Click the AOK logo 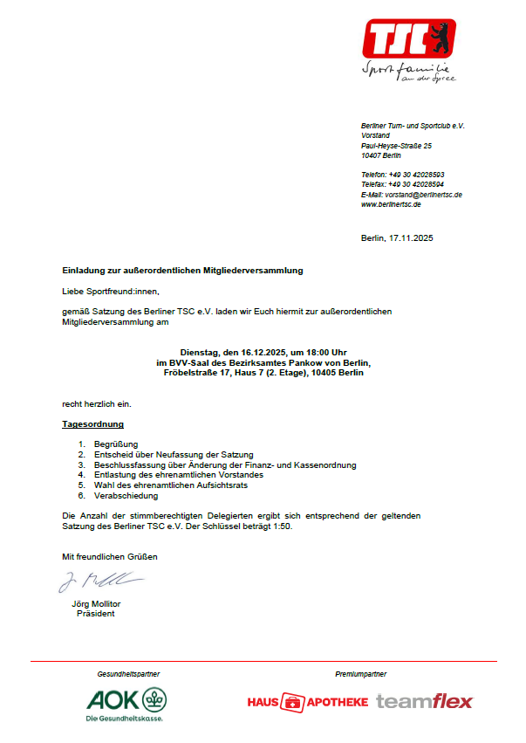point(126,702)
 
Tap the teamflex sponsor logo point(425,701)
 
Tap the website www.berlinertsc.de point(391,204)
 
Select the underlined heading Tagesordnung point(92,424)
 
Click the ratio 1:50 point(280,527)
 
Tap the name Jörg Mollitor point(96,604)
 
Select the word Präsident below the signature point(96,613)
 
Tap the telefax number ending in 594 point(416,185)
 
